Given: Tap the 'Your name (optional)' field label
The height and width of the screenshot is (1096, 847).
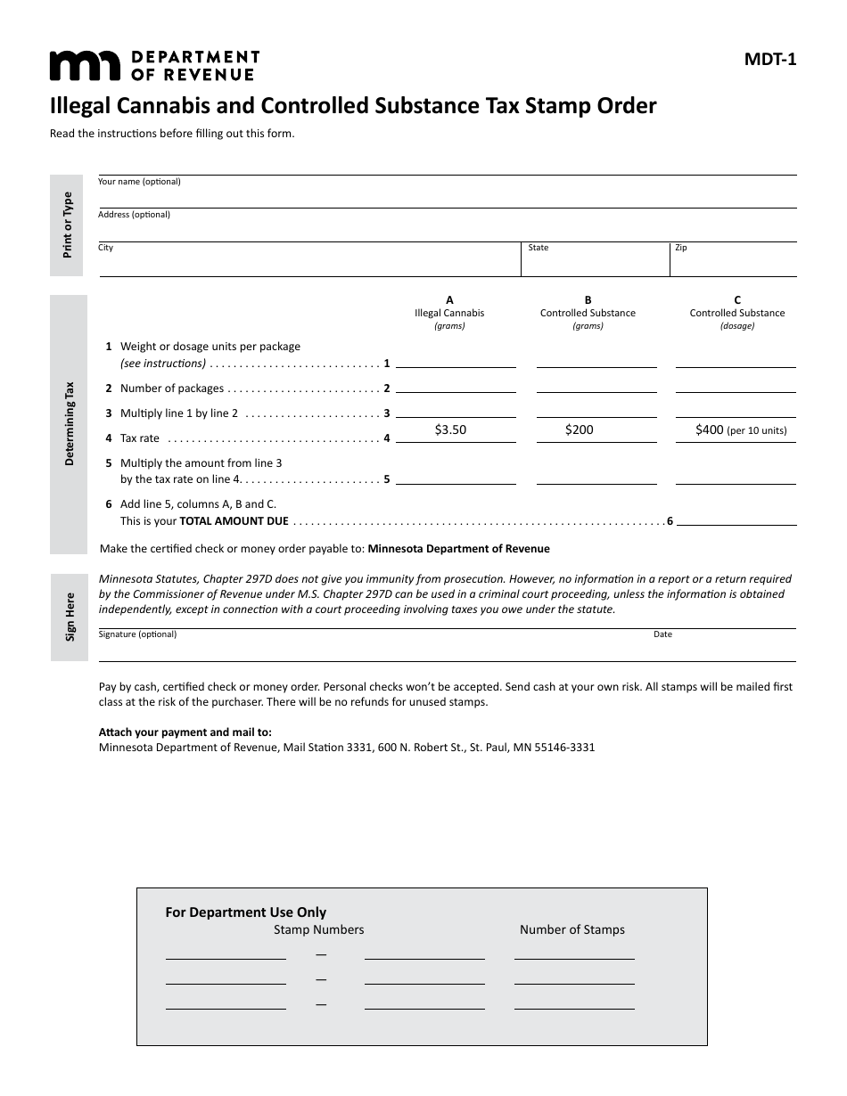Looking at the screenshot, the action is (x=139, y=182).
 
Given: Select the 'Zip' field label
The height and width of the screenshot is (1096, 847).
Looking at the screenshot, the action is (x=681, y=248).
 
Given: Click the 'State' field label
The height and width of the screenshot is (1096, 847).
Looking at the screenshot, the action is (x=539, y=248).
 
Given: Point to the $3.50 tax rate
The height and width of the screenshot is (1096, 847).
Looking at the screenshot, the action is (x=450, y=429).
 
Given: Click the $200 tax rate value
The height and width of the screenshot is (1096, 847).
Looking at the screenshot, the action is (x=579, y=429).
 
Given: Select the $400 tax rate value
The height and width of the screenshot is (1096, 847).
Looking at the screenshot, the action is (x=710, y=429).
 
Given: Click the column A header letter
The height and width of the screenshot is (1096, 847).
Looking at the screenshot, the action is (x=449, y=300).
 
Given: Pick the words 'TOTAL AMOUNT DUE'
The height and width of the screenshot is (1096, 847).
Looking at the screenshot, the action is (x=234, y=521).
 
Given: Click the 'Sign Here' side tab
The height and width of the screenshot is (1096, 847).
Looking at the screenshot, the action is (x=70, y=617).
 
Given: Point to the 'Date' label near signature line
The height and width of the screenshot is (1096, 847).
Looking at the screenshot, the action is (x=662, y=634).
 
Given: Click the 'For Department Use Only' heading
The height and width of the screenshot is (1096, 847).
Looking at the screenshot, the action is (x=246, y=912).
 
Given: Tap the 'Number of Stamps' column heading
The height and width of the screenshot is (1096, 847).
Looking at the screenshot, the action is (x=572, y=929).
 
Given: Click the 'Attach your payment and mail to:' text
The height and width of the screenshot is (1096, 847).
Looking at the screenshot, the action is (x=185, y=732).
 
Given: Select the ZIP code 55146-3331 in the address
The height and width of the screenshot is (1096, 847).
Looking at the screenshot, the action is (x=564, y=748).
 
